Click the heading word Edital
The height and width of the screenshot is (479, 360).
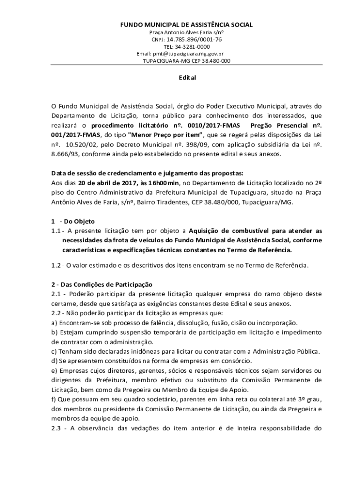[187, 78]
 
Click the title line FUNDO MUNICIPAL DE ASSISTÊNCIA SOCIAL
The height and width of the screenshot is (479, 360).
[187, 24]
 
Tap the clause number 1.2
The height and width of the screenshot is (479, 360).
[57, 265]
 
